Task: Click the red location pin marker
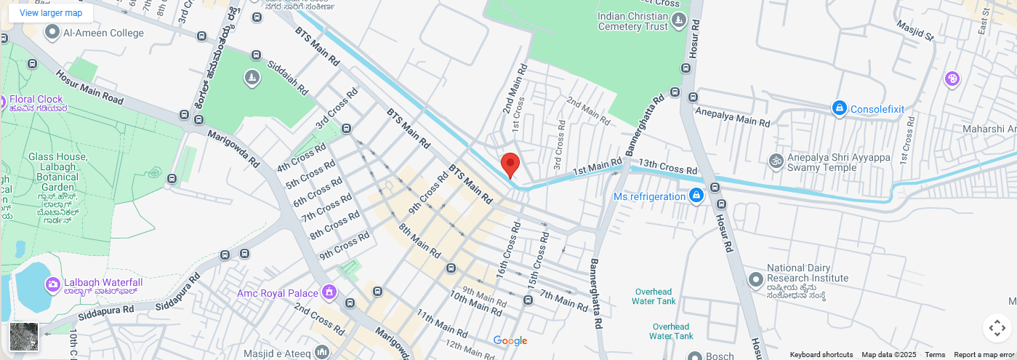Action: (510, 165)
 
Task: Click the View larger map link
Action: (51, 13)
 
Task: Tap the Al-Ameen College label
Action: (104, 33)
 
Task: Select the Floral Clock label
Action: (36, 99)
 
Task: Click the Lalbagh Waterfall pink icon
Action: (52, 284)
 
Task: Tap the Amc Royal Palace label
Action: (278, 293)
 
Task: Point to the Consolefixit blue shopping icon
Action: (839, 108)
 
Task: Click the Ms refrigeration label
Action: (649, 196)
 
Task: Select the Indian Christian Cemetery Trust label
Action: (632, 21)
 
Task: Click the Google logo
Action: (510, 340)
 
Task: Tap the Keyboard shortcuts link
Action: (821, 355)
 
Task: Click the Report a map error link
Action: (984, 355)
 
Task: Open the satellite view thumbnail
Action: (24, 337)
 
